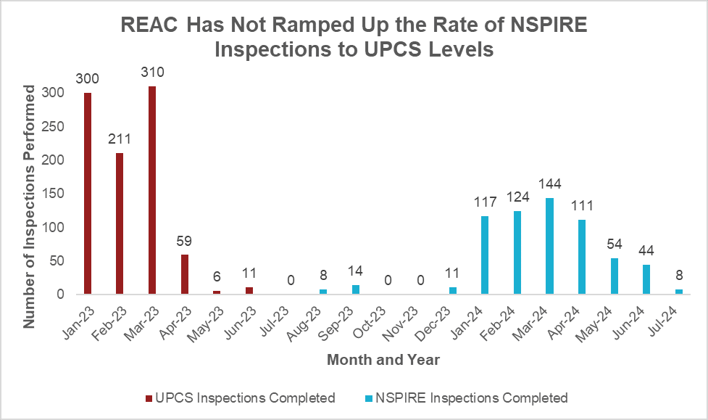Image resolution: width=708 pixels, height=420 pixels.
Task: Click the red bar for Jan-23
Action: (88, 193)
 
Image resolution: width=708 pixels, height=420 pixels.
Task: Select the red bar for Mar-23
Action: (152, 190)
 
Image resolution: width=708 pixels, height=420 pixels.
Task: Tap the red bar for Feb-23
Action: (120, 223)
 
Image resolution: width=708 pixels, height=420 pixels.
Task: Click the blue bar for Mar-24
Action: (549, 246)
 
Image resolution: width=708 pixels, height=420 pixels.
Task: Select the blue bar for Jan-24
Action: (484, 255)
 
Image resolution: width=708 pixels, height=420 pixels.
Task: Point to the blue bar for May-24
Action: (615, 276)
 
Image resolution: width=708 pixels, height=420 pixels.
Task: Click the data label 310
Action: (153, 73)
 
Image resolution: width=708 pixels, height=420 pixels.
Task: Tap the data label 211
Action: (120, 139)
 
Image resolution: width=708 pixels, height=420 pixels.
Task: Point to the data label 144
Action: (549, 184)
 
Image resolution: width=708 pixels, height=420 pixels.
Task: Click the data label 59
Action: (185, 242)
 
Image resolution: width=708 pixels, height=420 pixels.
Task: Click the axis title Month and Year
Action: (383, 359)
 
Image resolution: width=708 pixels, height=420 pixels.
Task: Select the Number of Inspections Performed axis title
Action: (30, 207)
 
